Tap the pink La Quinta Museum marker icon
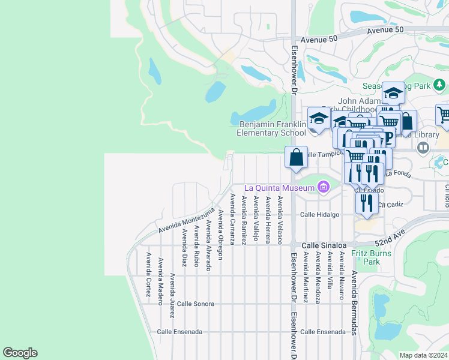coord(324,188)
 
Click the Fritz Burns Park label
coord(371,257)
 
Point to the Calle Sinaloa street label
coord(324,245)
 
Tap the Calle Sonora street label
coord(195,304)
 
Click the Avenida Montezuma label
coord(186,221)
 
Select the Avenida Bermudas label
coord(354,302)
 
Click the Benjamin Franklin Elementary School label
coord(272,128)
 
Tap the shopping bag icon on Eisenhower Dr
coord(296,158)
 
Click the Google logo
coord(20,353)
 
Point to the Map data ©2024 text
coord(423,355)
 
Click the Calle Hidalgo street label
coord(320,214)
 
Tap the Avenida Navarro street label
coord(342,275)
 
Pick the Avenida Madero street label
coord(160,281)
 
